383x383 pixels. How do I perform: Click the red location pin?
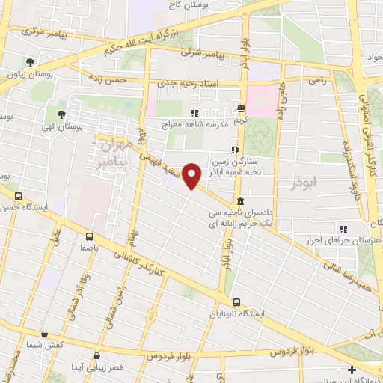tap(192, 176)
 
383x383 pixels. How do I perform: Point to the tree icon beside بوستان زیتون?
tap(30, 62)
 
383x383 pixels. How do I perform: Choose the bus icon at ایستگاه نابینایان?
tap(236, 303)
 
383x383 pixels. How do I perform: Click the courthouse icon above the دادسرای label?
tap(239, 201)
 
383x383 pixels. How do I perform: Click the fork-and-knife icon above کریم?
tap(240, 108)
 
